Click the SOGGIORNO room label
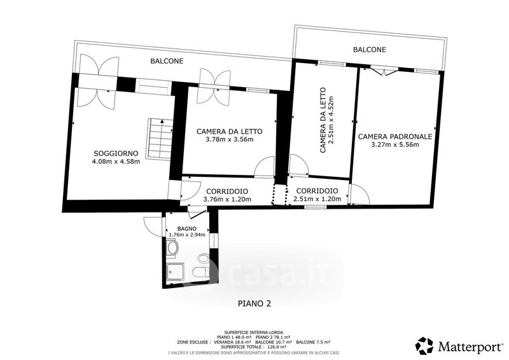click(116, 153)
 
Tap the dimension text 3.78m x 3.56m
click(230, 139)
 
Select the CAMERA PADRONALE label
click(395, 137)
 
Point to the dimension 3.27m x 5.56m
click(395, 145)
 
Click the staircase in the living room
click(160, 139)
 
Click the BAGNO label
click(186, 229)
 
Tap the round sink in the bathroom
click(172, 248)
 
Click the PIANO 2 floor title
click(254, 303)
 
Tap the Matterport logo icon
click(425, 347)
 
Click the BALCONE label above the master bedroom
click(370, 50)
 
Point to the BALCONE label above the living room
click(167, 61)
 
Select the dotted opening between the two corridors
click(280, 195)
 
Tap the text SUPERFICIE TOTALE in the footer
click(238, 347)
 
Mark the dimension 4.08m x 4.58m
click(116, 162)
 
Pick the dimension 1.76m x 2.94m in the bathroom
click(187, 235)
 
